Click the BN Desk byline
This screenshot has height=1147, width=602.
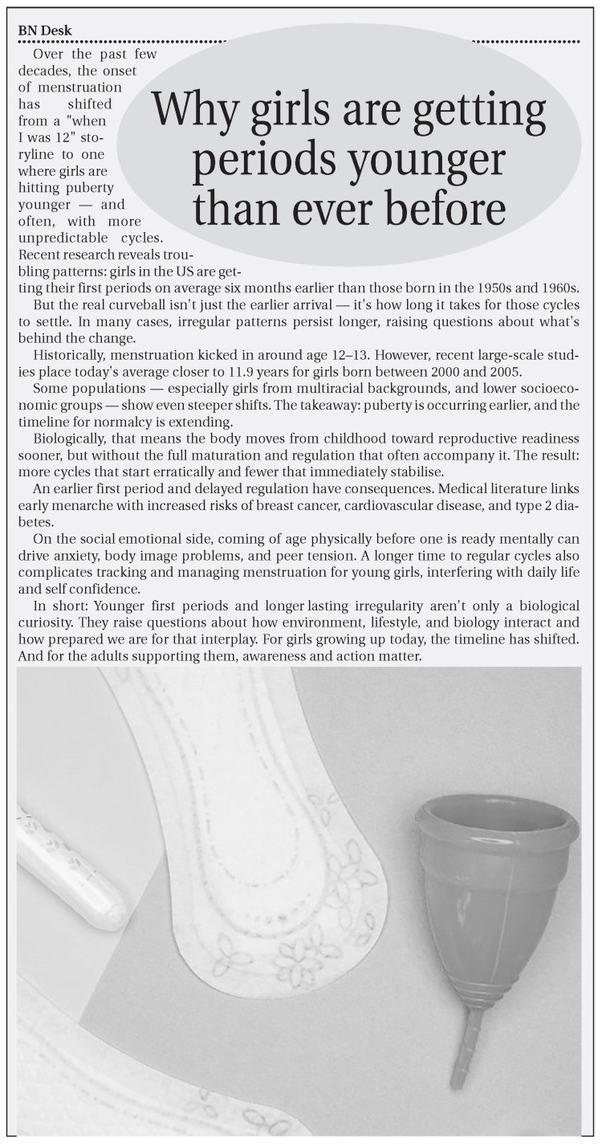(45, 31)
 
